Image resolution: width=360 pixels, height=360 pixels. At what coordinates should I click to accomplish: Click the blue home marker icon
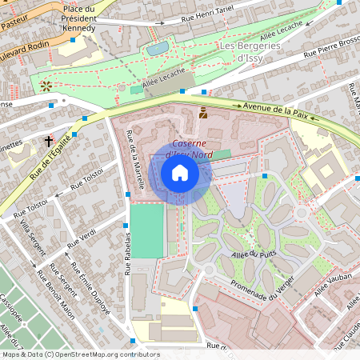[180, 173]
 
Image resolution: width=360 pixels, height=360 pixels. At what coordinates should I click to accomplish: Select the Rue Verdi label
[81, 237]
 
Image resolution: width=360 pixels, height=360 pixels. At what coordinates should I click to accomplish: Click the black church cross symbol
[48, 141]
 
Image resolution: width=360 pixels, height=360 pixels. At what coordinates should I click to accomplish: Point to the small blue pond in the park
[157, 48]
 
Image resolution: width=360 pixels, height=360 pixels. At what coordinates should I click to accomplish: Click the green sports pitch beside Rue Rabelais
[146, 230]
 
